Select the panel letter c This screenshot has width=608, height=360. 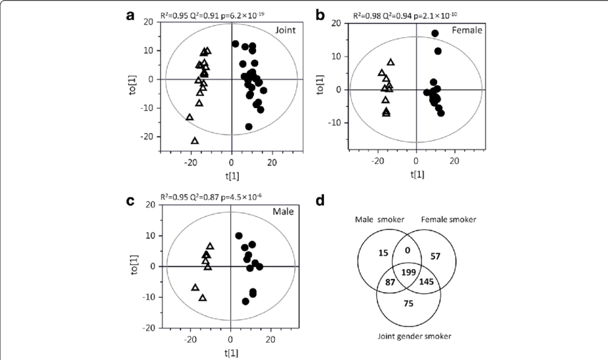[130, 200]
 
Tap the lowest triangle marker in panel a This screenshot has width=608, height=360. [195, 141]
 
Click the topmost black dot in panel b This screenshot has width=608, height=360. [435, 34]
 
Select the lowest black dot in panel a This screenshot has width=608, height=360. [249, 127]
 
